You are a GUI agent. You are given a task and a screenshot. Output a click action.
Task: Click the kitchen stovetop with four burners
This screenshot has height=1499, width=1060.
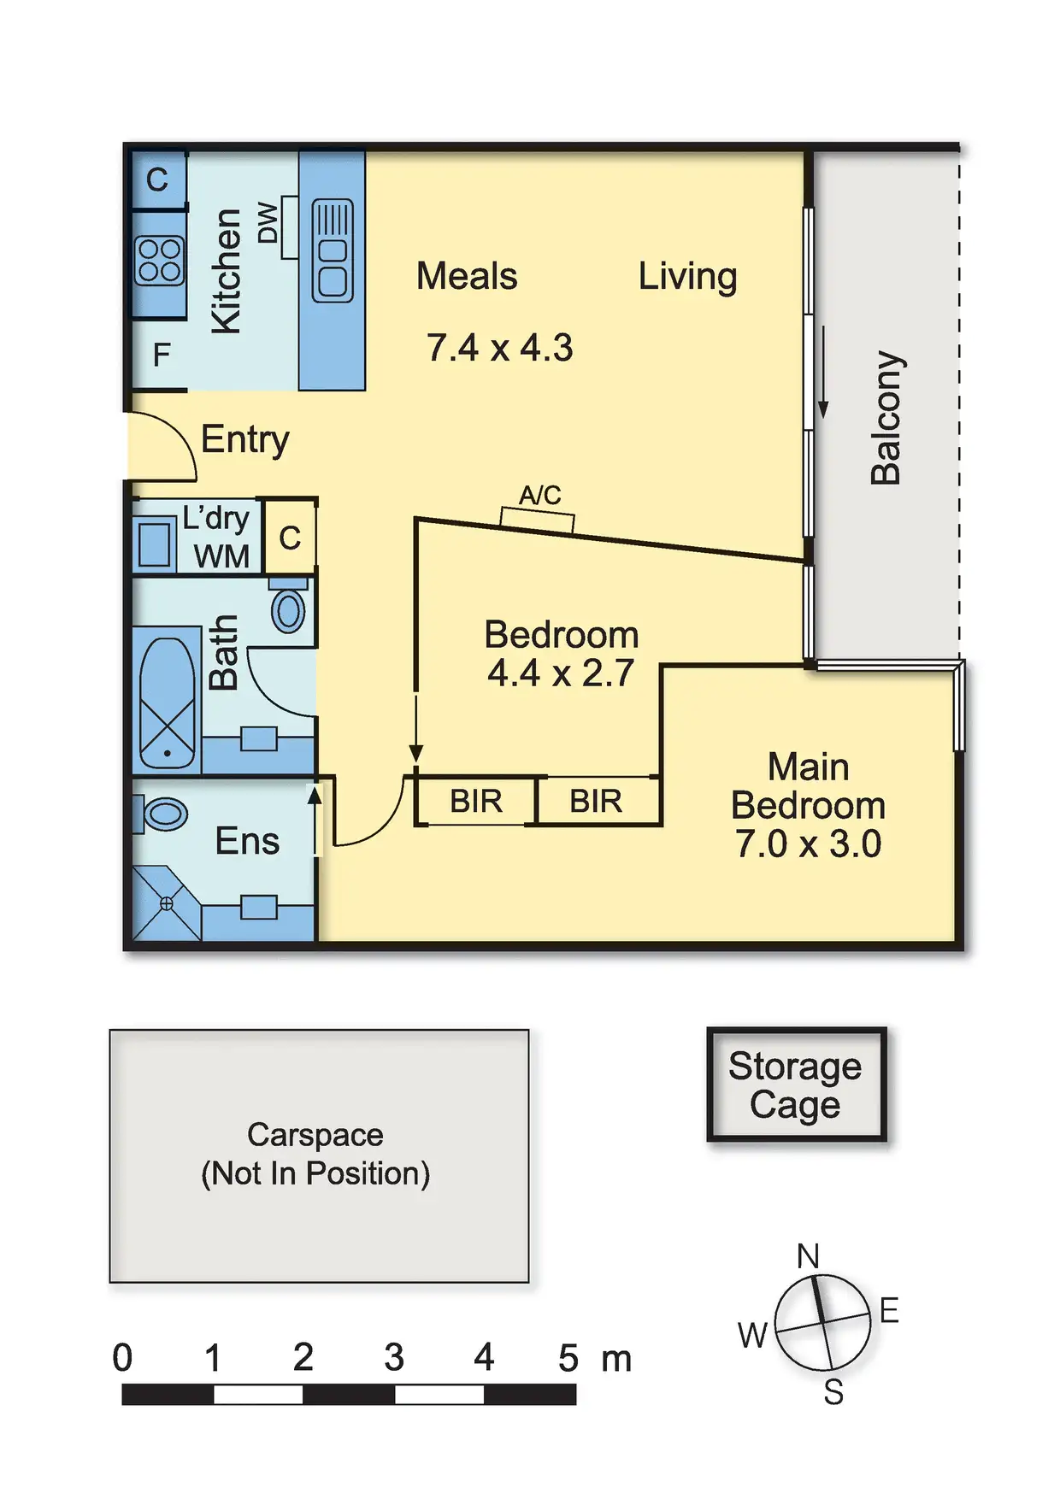pyautogui.click(x=159, y=261)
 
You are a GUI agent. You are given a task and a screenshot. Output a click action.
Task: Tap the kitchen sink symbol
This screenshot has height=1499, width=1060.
pyautogui.click(x=333, y=250)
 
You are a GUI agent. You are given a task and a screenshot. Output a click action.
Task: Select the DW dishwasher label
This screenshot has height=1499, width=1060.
pyautogui.click(x=268, y=223)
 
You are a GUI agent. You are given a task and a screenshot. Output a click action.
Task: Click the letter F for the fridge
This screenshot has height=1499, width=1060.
pyautogui.click(x=161, y=355)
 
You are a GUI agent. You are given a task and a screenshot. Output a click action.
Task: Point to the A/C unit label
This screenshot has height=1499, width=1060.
pyautogui.click(x=540, y=495)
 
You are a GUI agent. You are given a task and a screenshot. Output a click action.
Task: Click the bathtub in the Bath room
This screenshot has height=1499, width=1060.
pyautogui.click(x=167, y=703)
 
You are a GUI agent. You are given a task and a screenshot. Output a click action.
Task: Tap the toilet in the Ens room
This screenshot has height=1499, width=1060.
pyautogui.click(x=164, y=814)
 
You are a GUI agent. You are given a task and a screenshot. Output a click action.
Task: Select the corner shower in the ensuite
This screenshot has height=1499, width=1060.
pyautogui.click(x=165, y=904)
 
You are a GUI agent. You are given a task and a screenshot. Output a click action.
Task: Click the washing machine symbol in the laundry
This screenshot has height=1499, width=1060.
pyautogui.click(x=155, y=544)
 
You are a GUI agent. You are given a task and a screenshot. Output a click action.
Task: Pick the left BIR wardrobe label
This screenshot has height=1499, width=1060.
pyautogui.click(x=476, y=802)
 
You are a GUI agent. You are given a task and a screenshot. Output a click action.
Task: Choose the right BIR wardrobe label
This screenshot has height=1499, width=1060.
pyautogui.click(x=596, y=802)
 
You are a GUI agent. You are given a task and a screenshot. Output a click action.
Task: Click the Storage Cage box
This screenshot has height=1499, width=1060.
pyautogui.click(x=796, y=1085)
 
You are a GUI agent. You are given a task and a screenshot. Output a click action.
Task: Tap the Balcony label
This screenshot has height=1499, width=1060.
pyautogui.click(x=886, y=417)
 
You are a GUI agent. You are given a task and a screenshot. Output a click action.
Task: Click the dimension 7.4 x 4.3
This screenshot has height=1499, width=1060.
pyautogui.click(x=499, y=348)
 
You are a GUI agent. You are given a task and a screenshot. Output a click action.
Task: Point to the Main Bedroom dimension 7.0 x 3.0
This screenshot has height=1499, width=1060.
pyautogui.click(x=808, y=844)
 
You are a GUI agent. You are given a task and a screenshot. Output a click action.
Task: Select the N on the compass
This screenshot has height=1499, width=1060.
pyautogui.click(x=808, y=1255)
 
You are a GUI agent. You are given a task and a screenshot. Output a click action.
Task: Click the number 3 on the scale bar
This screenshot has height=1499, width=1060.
pyautogui.click(x=393, y=1357)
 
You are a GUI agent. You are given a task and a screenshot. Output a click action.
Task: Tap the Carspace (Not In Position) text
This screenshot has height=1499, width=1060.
pyautogui.click(x=315, y=1154)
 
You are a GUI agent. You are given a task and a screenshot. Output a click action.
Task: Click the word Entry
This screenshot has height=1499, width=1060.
pyautogui.click(x=245, y=440)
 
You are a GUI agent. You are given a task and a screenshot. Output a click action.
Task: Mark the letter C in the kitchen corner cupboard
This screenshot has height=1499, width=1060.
pyautogui.click(x=157, y=180)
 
